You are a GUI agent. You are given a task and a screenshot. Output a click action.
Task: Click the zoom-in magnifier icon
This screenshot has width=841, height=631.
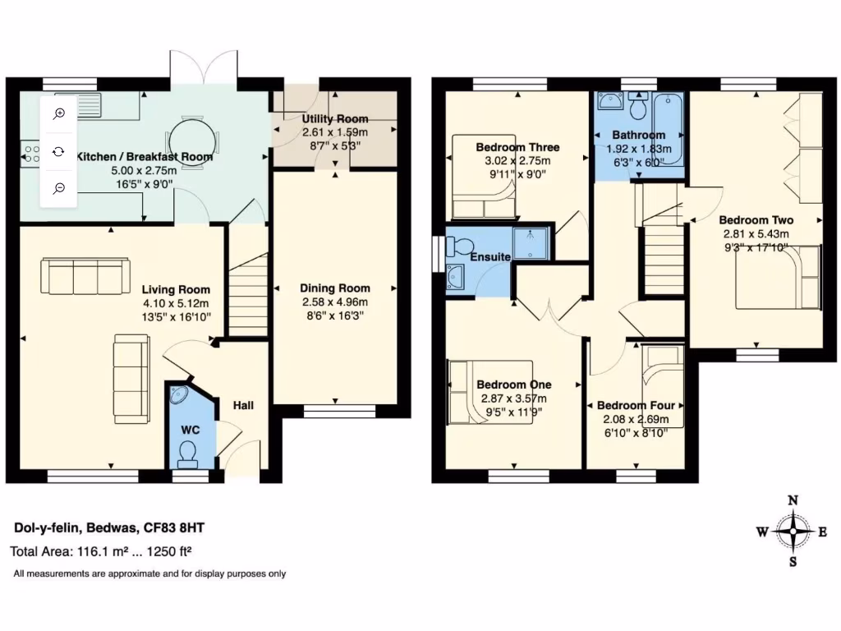pos(59,114)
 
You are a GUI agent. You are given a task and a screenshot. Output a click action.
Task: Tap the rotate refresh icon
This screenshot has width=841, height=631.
pos(59,151)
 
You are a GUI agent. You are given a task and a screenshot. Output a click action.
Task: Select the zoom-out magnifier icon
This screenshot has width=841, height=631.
pos(59,188)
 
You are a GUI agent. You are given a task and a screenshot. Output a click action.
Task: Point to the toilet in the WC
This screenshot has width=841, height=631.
pos(188,451)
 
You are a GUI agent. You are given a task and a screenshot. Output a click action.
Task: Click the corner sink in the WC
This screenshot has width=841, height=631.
pos(178,396)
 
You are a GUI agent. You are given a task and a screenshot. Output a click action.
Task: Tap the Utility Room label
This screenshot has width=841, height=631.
pos(334,119)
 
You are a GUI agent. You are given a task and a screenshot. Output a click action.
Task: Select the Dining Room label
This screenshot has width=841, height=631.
pos(334,288)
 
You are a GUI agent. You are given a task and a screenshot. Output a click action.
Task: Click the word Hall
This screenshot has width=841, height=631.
pos(243,405)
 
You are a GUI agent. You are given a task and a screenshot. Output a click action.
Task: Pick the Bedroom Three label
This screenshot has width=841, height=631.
pos(517,148)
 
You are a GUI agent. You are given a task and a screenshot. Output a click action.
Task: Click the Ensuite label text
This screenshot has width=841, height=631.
pos(490,257)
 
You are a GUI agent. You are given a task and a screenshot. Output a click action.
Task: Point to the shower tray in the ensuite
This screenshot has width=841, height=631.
pos(533,243)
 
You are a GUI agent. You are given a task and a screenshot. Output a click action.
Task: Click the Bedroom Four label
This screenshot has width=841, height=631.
pos(636,405)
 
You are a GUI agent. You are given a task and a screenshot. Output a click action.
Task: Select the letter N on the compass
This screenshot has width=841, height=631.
pos(793,500)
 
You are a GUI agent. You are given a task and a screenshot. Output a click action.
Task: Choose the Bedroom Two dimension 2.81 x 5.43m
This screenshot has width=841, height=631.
pos(756,233)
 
